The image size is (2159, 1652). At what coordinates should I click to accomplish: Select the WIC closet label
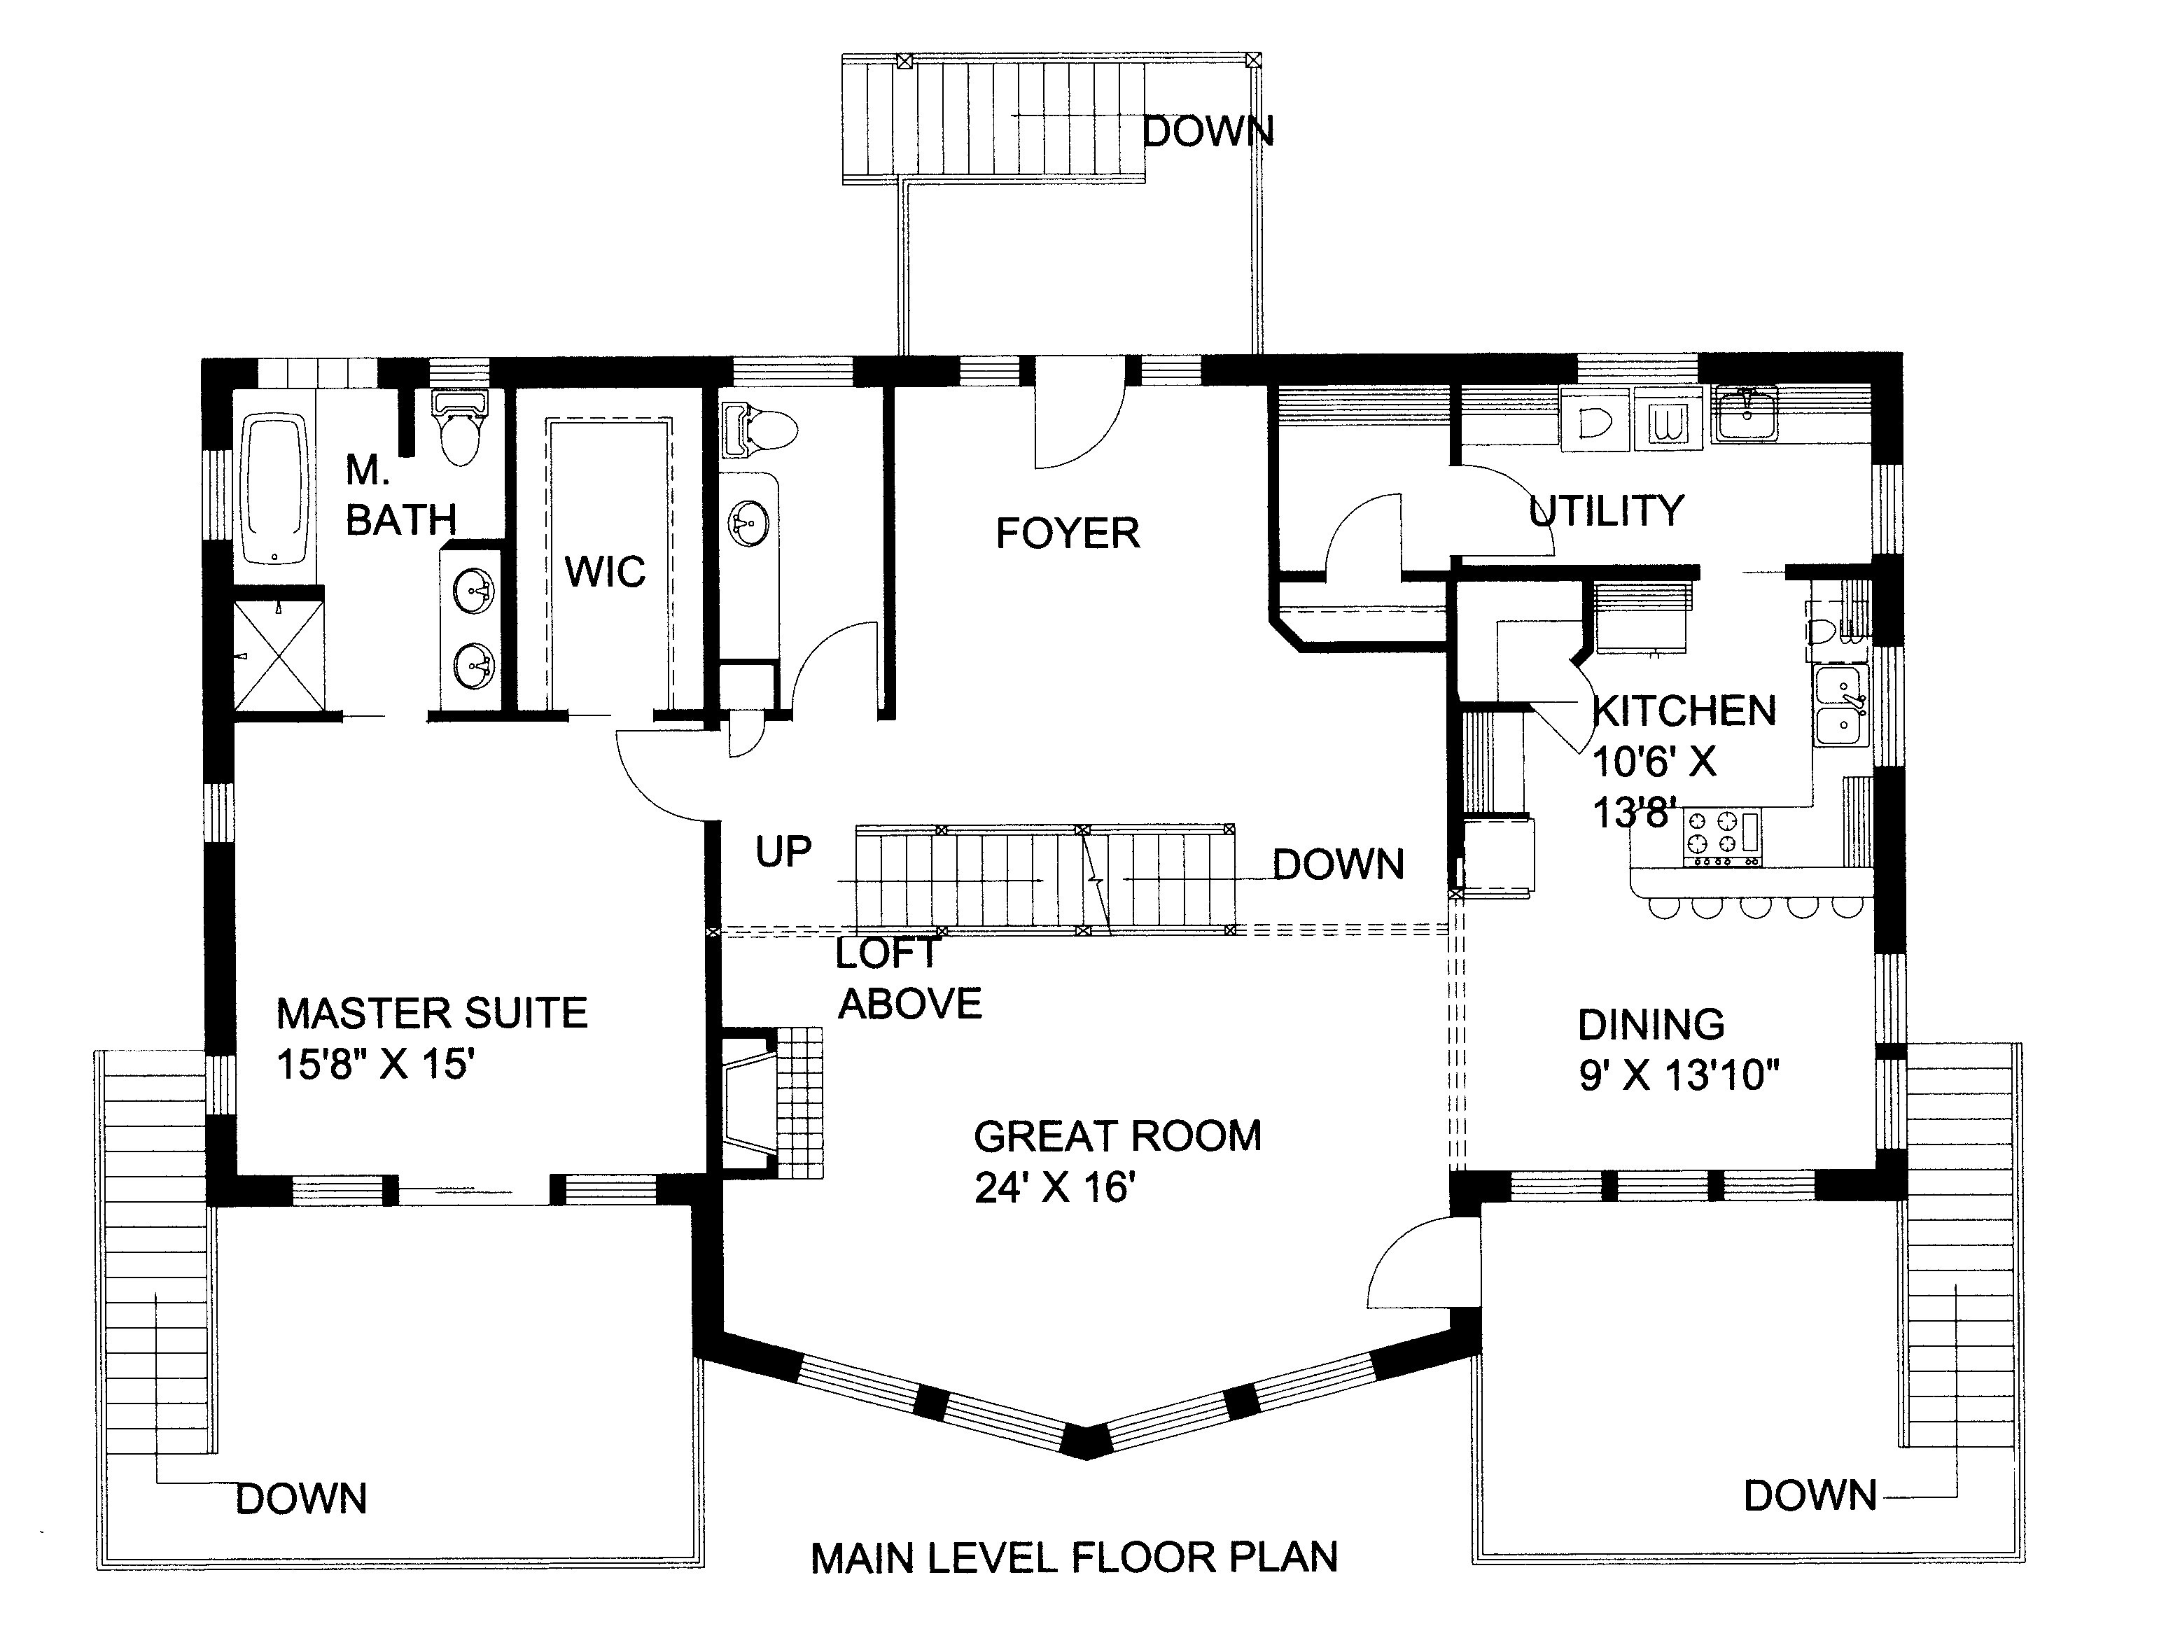[605, 571]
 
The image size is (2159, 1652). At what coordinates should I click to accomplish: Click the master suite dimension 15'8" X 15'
[375, 1065]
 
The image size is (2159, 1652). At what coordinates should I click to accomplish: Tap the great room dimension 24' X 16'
[1055, 1188]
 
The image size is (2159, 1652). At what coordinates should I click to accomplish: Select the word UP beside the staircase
[783, 852]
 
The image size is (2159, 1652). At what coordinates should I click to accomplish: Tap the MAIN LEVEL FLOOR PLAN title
[1074, 1557]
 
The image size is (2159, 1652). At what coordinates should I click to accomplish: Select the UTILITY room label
[1605, 510]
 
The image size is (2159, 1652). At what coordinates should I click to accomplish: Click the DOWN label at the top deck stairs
[1208, 132]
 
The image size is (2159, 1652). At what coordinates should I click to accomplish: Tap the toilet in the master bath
[459, 433]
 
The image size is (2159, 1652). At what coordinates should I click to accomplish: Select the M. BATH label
[400, 496]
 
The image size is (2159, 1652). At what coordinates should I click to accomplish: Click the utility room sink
[1745, 414]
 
